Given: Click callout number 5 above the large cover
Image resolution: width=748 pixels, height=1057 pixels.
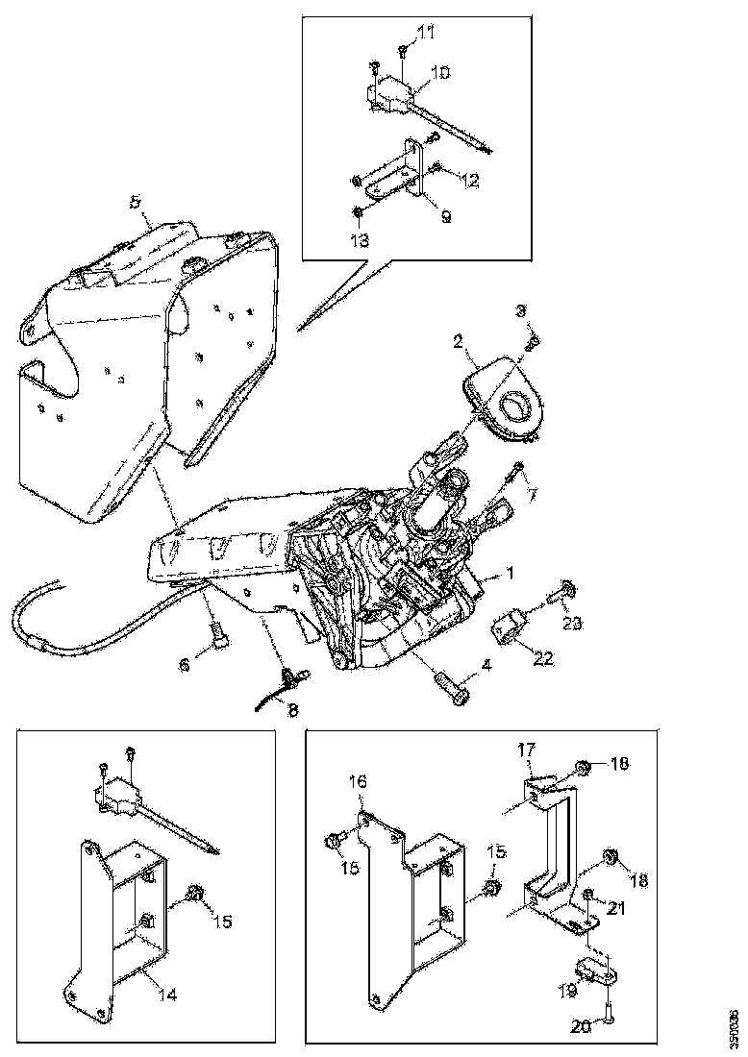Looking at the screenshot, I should tap(136, 202).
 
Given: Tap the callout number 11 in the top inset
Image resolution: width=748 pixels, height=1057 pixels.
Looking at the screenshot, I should tap(427, 33).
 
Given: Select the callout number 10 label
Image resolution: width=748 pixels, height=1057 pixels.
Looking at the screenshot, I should tap(440, 72).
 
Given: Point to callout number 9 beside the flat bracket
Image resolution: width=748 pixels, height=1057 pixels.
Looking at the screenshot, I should tap(445, 217).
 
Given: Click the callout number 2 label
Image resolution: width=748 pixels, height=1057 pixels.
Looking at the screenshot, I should tap(460, 341).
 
